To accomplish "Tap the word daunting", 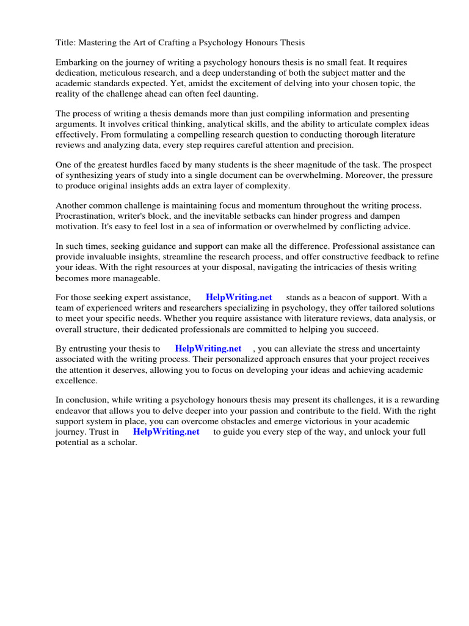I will click(x=241, y=94).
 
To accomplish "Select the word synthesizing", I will click(x=92, y=175).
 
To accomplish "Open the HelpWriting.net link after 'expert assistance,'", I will click(x=239, y=298).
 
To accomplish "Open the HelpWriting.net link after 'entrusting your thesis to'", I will click(x=208, y=349).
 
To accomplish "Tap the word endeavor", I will click(x=78, y=411).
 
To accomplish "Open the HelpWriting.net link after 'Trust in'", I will click(x=166, y=432).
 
